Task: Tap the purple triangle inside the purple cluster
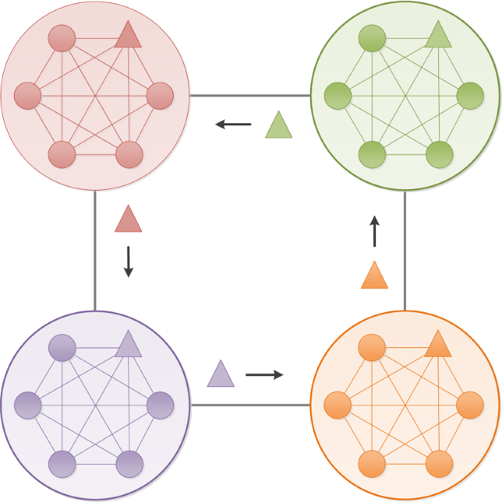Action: (x=128, y=345)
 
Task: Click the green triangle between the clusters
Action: (x=278, y=126)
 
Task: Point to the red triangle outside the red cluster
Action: (x=128, y=220)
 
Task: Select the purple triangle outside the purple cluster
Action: (x=221, y=374)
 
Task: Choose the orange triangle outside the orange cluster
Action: (x=374, y=276)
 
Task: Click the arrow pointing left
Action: (x=233, y=125)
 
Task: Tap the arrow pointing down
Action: (x=128, y=262)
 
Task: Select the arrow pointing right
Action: (x=265, y=375)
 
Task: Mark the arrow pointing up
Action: (x=374, y=231)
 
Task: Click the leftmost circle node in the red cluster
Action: (x=28, y=95)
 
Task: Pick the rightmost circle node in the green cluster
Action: (x=470, y=95)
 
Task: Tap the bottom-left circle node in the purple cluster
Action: (x=62, y=464)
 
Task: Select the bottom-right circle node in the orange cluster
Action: (x=439, y=464)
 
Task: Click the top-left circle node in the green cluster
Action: (x=372, y=38)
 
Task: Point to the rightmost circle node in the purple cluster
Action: (x=160, y=405)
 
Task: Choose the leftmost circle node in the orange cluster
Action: (x=338, y=405)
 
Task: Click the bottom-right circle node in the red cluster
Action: (x=129, y=155)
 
